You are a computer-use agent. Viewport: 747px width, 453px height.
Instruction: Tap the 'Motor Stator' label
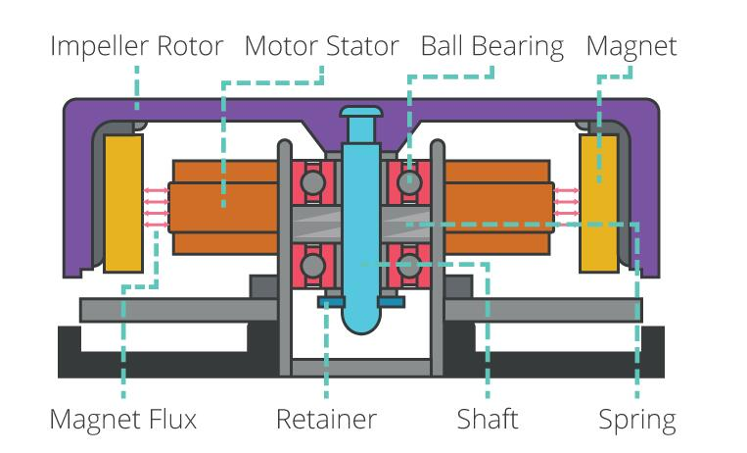322,46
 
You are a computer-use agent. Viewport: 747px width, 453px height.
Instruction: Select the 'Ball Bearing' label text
491,46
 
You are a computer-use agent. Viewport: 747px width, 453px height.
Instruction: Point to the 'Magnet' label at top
630,46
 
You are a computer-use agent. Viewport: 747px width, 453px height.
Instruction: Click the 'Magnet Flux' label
123,420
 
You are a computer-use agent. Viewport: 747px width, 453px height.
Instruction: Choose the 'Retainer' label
326,420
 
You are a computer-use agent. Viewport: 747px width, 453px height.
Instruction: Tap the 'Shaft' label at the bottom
488,420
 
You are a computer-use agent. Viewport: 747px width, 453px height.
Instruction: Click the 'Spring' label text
637,420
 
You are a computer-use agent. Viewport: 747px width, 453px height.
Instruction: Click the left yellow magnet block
123,203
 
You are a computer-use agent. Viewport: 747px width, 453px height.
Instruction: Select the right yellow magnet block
598,203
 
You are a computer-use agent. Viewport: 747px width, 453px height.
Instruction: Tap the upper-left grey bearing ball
313,182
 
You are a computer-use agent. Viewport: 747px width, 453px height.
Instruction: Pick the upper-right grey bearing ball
407,182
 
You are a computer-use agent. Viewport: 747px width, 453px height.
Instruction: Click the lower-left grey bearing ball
313,266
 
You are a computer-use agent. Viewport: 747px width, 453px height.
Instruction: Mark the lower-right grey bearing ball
407,266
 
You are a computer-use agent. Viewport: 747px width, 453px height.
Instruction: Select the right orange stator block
497,206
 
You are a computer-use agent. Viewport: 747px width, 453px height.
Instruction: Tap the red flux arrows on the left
155,206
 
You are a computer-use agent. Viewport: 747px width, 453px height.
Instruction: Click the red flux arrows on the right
566,206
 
